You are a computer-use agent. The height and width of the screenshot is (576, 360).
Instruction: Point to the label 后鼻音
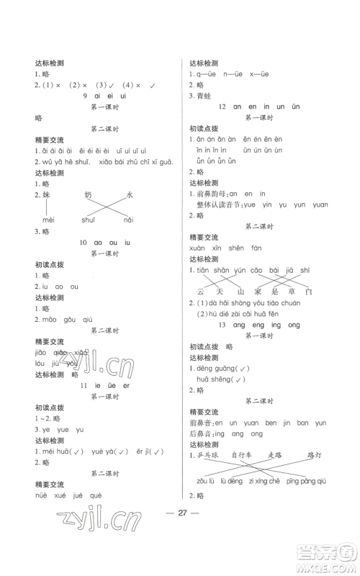coord(198,434)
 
